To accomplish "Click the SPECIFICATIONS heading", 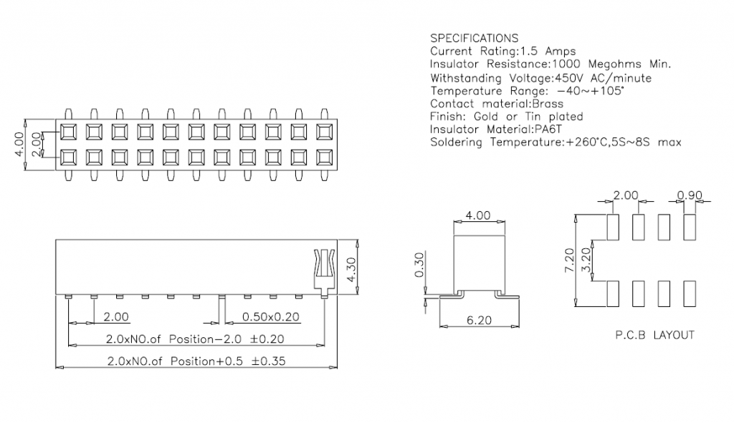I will (x=474, y=38).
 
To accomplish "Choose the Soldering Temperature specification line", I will (x=556, y=142).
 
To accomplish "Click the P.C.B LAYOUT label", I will (x=654, y=335).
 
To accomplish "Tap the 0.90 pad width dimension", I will (x=689, y=195).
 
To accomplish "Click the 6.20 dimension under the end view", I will (x=479, y=320).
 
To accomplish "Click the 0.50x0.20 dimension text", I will (x=272, y=316).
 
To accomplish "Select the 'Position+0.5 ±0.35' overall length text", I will (x=228, y=361).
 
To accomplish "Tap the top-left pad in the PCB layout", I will (x=613, y=227).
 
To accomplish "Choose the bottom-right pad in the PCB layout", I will (x=690, y=294).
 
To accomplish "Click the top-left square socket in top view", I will (x=68, y=132).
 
